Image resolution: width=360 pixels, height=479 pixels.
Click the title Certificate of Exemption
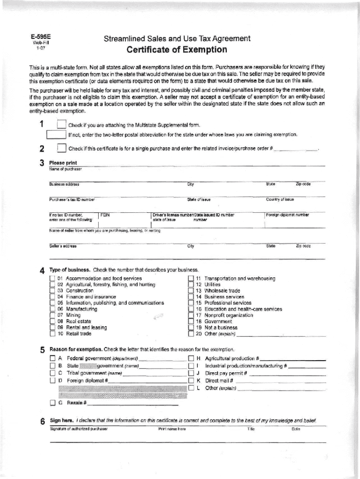coord(177,50)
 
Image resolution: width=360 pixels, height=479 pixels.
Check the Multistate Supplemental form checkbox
coord(61,125)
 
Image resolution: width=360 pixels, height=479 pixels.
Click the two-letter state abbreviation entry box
coord(56,135)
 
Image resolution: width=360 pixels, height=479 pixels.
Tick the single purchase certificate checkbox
coord(61,149)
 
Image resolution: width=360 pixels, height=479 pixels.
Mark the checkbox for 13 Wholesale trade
coord(191,290)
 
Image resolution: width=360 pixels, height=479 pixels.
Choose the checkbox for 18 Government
coord(191,321)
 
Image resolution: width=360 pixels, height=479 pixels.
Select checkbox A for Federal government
coord(52,358)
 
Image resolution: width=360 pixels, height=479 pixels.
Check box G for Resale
coord(52,403)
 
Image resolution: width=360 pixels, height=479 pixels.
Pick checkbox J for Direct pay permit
coord(191,373)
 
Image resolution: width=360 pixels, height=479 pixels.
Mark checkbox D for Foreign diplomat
coord(52,381)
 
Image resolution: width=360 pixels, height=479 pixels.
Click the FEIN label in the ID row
coord(105,215)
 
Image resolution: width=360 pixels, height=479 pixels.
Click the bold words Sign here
coord(61,421)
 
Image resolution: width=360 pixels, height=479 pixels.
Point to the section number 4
coord(42,270)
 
